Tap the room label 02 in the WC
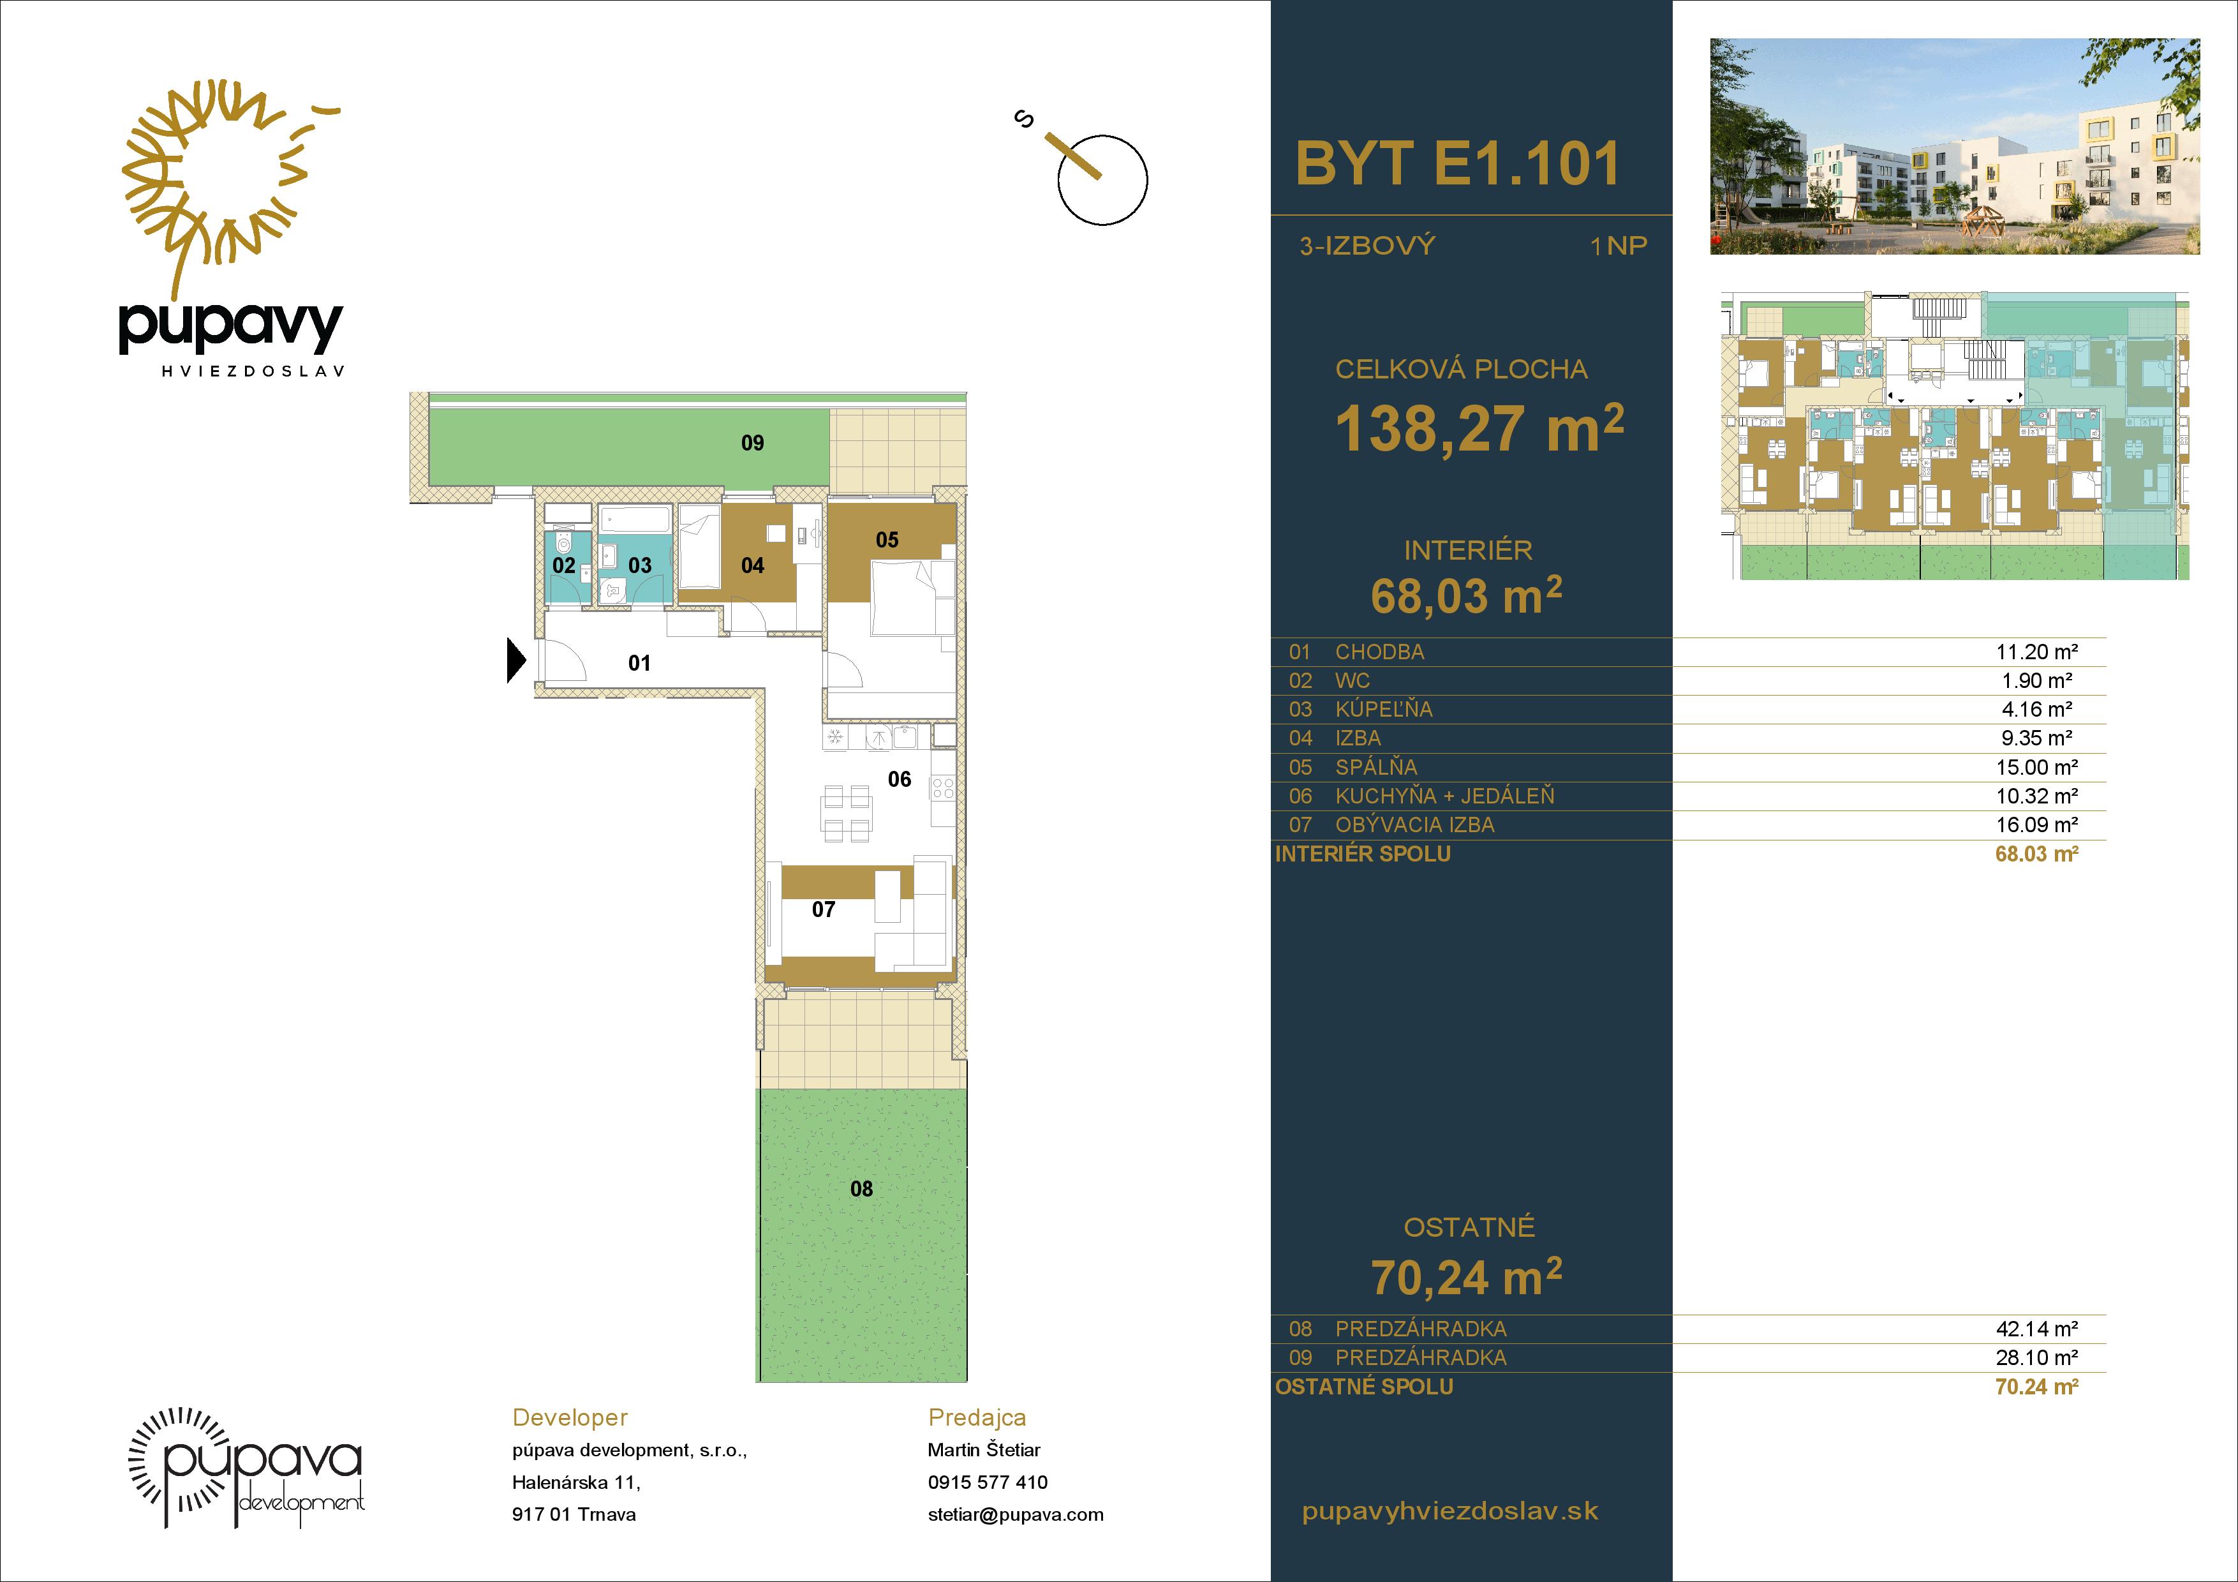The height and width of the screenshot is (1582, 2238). tap(563, 565)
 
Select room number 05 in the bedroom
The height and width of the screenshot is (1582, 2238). tap(887, 540)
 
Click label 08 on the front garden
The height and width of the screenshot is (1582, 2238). tap(862, 1189)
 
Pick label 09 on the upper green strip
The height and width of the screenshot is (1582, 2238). tap(753, 444)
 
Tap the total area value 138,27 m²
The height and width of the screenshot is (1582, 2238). tap(1479, 428)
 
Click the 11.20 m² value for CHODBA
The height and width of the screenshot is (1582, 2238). tap(2037, 652)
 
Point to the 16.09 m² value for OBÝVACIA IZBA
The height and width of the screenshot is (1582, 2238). tap(2037, 825)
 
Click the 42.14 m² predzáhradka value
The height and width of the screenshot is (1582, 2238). tap(2037, 1329)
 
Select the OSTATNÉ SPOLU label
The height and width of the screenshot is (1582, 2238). tap(1363, 1387)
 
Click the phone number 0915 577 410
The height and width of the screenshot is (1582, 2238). tap(988, 1482)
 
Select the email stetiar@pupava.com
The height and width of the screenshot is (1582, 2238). tap(1016, 1515)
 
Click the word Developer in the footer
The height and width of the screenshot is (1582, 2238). tap(570, 1418)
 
